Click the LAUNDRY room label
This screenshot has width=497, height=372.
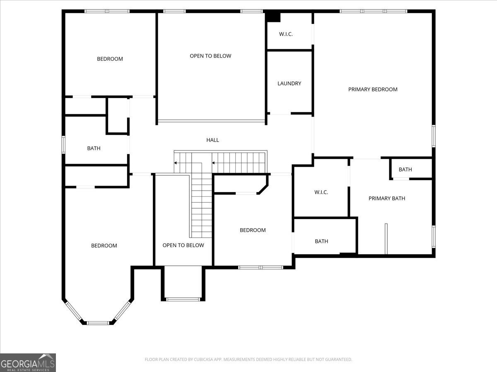[x=289, y=83]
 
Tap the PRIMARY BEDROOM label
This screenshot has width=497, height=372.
[x=373, y=89]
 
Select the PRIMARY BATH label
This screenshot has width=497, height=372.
[x=387, y=198]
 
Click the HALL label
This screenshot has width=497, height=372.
[x=212, y=140]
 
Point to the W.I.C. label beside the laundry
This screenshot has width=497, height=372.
[x=286, y=34]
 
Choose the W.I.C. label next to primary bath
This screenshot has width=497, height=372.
[x=321, y=192]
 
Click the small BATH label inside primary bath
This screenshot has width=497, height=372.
[x=405, y=169]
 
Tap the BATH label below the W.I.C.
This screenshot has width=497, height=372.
[x=321, y=241]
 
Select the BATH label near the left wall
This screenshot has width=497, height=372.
[x=94, y=148]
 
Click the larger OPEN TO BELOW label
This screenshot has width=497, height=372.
[x=210, y=56]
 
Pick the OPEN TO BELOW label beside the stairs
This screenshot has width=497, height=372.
[x=183, y=245]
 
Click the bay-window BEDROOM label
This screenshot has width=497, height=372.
[x=104, y=246]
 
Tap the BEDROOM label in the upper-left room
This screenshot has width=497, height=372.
[x=110, y=59]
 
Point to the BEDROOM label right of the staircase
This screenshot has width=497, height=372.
[x=253, y=230]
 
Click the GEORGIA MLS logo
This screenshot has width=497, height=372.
[x=28, y=362]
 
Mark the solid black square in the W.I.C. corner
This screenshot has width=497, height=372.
[x=273, y=17]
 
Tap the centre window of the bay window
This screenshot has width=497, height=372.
[x=98, y=323]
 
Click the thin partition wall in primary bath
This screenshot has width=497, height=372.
[x=386, y=239]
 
